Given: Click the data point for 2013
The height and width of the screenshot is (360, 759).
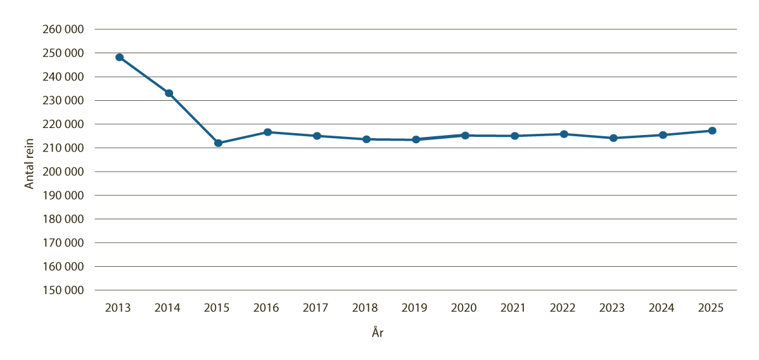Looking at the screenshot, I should (x=119, y=57).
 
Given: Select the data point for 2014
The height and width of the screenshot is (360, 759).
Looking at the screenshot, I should (x=169, y=93).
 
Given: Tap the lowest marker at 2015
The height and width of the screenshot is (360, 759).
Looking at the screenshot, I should (x=218, y=143).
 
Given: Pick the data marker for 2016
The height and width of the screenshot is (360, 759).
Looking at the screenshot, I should (x=267, y=132).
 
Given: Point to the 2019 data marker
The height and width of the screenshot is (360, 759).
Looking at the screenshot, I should (x=416, y=139).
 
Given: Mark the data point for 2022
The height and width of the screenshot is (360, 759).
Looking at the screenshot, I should (x=564, y=134).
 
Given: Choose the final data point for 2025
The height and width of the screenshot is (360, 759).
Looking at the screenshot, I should (x=712, y=131).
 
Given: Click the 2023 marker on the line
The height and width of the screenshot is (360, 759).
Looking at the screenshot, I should (x=613, y=138).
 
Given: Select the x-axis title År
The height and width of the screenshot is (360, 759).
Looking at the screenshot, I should (x=378, y=333).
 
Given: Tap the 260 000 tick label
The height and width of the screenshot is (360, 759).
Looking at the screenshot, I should (x=64, y=29).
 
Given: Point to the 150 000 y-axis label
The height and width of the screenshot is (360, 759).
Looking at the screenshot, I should (x=64, y=290).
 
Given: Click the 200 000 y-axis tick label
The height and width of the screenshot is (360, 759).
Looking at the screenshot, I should (x=64, y=172).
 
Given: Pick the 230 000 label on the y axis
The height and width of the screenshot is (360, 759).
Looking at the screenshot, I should (x=64, y=100).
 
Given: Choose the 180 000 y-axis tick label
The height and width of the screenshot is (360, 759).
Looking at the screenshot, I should (x=64, y=219).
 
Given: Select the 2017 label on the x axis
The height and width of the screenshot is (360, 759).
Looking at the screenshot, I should (x=316, y=308).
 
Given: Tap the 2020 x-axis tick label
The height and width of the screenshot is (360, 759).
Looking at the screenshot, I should (x=464, y=308).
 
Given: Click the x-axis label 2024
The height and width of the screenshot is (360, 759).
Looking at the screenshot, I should (x=661, y=308).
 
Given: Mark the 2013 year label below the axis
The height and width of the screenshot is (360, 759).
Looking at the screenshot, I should (x=118, y=308).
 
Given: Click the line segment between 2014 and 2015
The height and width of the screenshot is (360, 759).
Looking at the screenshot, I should (x=193, y=118).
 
